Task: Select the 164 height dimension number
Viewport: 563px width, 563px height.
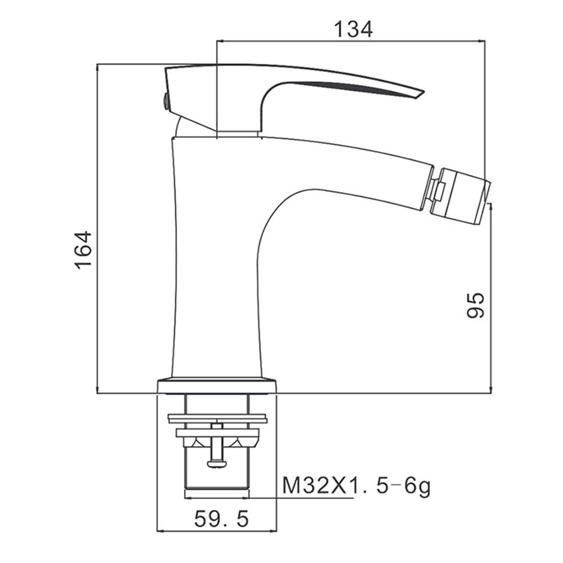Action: coord(83,250)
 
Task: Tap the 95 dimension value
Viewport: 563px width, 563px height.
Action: coord(475,305)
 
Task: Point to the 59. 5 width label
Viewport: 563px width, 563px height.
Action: coord(221,519)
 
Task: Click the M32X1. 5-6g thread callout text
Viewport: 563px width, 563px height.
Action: coord(356,486)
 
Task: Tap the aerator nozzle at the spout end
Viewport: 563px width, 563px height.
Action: coord(463,196)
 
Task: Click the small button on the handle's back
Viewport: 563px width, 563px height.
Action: coord(166,101)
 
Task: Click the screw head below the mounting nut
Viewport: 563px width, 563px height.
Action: coord(217,464)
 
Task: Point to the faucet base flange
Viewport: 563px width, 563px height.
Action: coord(217,385)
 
